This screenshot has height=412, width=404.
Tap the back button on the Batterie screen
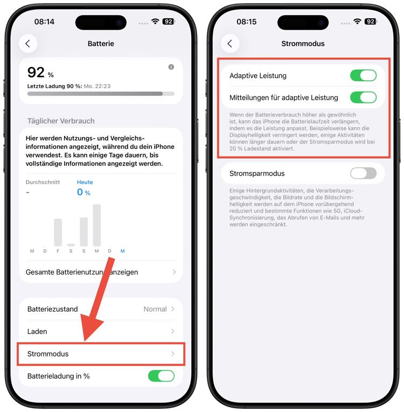28,44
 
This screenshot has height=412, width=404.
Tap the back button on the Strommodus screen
230,44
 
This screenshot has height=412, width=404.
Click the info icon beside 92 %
171,67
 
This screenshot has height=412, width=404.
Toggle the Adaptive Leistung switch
363,75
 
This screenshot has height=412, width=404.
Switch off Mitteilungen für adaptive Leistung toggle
363,98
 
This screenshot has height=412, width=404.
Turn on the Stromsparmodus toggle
363,174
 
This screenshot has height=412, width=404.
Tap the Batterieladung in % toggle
161,376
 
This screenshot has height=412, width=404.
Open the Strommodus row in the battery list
101,354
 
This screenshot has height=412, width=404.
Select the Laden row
101,331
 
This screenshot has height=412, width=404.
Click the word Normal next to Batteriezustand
155,309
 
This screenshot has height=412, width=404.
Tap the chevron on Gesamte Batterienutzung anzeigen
175,272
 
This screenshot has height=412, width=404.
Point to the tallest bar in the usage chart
97,225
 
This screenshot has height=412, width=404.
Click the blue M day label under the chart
123,251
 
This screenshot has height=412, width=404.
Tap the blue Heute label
85,182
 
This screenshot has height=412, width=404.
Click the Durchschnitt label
43,182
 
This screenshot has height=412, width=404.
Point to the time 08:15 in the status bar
247,22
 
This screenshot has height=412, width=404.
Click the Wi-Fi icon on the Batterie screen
155,21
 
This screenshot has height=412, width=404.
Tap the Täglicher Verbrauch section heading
61,121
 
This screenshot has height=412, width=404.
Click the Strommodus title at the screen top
303,44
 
